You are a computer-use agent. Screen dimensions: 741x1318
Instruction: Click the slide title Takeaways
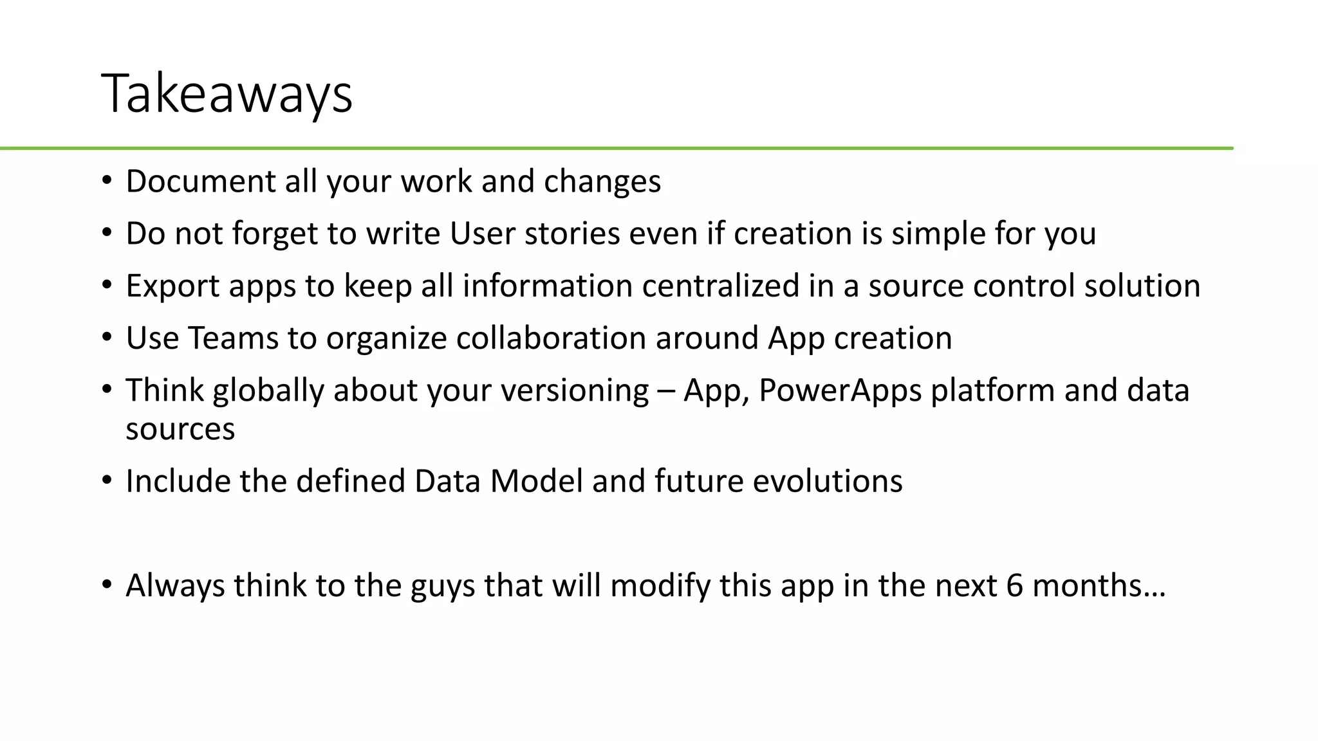[227, 94]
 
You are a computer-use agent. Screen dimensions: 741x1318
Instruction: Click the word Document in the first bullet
[200, 181]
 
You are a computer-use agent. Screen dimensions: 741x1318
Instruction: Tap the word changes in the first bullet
[602, 181]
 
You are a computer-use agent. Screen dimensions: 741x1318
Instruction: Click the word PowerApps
[840, 391]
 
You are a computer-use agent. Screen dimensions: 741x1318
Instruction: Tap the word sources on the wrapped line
[180, 429]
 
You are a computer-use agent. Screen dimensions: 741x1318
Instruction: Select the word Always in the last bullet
[175, 586]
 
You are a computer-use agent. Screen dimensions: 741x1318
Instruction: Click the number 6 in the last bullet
[1014, 586]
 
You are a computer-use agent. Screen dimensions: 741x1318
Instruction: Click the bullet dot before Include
[107, 480]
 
